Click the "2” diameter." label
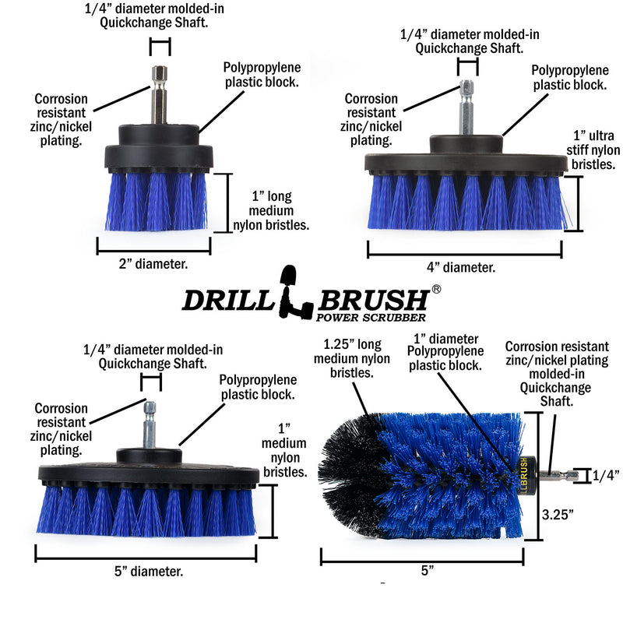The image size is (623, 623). pyautogui.click(x=153, y=264)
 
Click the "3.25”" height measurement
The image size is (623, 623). pyautogui.click(x=558, y=513)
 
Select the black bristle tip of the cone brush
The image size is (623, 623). pyautogui.click(x=343, y=467)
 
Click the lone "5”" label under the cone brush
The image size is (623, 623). pyautogui.click(x=427, y=571)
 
